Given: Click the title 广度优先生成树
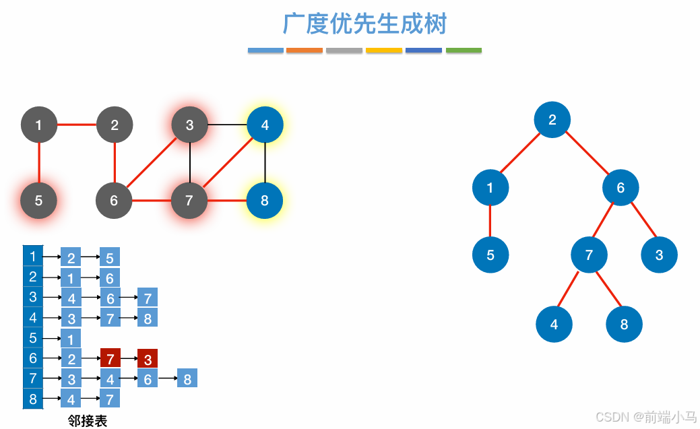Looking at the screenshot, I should pos(364,25).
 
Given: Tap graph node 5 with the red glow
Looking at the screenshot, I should pos(38,201).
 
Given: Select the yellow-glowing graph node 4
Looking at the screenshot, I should pos(265,125).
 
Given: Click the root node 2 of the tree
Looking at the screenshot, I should pos(552,121).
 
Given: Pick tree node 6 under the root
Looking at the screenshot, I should pos(621,188).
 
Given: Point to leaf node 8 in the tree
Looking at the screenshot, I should pos(624,325).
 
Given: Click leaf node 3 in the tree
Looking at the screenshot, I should pos(659,255).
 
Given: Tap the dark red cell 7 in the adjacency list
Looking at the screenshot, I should pos(110,358).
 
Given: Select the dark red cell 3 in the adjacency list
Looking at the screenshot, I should pos(148,358).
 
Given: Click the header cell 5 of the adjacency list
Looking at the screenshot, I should pos(33,337).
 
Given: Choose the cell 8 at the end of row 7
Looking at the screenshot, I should pos(187,378).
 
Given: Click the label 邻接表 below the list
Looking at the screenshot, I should pos(88,421).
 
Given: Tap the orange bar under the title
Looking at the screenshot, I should pos(305,51).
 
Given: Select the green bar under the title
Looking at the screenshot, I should pos(464,51).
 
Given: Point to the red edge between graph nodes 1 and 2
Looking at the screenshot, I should pos(77,125).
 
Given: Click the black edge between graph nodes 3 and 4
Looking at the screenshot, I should pos(227,125).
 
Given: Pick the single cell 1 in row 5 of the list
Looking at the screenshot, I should pos(71,338).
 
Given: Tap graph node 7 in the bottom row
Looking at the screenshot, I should pos(189,201).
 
